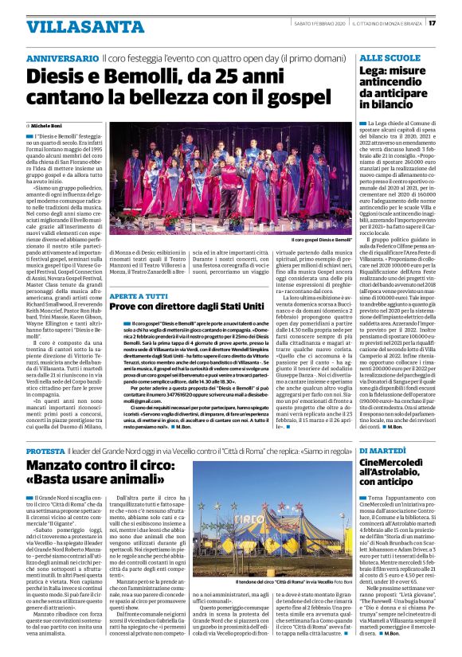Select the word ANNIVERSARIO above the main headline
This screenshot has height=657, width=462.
pos(63,59)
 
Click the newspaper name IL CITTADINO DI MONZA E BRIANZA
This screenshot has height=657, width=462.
pos(388,23)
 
